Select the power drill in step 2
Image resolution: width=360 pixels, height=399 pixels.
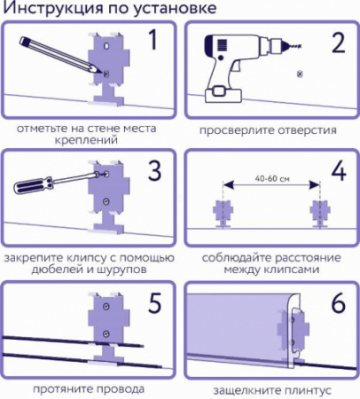click(x=227, y=62)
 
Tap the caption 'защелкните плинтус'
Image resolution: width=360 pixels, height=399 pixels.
click(x=270, y=389)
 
